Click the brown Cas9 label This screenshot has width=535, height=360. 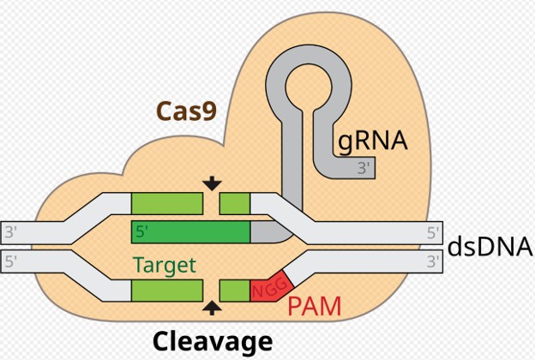pos(185,111)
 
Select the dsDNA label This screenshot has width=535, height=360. pos(490,247)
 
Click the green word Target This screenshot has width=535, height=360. pos(164,265)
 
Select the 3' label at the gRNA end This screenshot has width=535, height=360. pos(364,168)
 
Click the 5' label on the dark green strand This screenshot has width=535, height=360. pos(141,231)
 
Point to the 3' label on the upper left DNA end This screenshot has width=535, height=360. pos(11,231)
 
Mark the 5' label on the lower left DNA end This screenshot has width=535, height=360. pos(11,262)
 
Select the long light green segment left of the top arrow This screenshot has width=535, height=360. pos(167,203)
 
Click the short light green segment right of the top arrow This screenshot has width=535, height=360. pos(235,203)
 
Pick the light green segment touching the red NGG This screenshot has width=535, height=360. pos(235,290)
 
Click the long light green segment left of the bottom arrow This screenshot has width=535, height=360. pos(167,290)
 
